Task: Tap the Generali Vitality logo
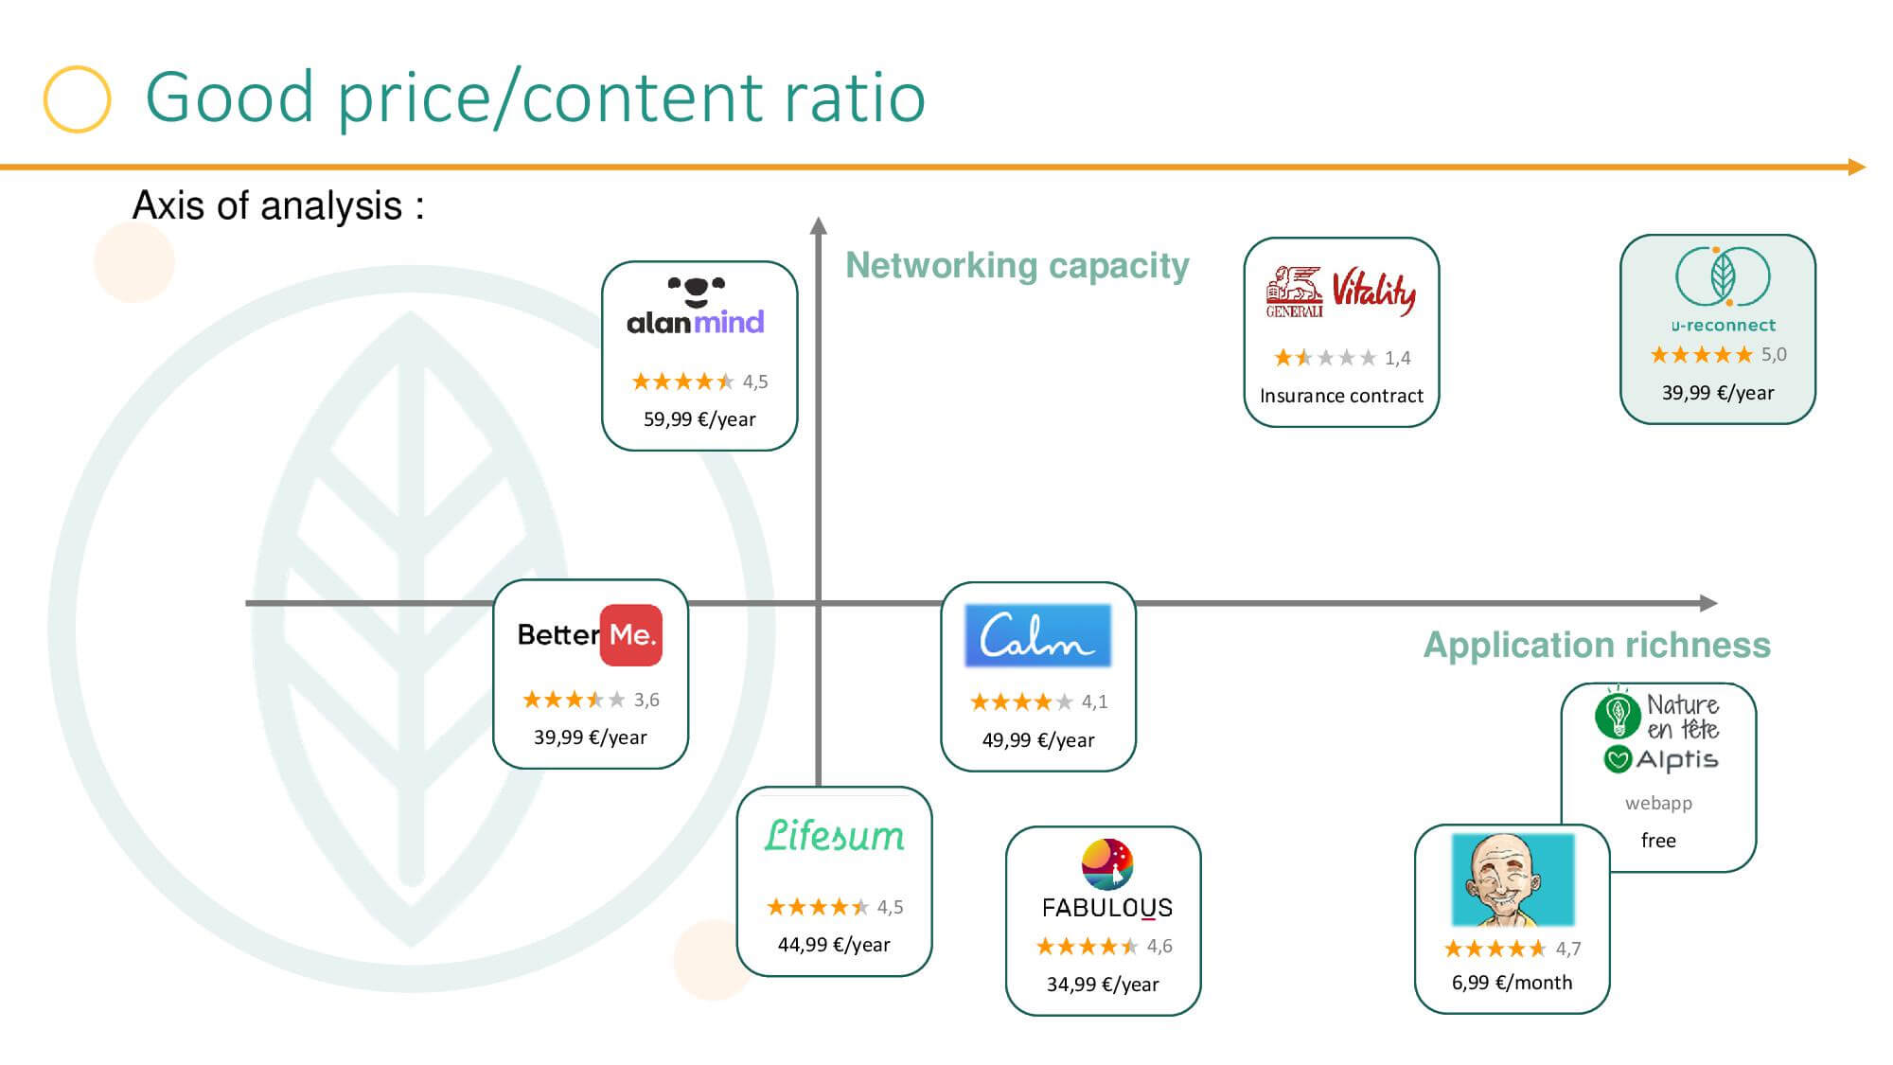[1341, 293]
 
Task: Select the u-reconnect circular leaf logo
[1723, 276]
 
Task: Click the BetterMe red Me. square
[631, 635]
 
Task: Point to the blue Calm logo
[1038, 635]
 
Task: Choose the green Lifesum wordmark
[835, 836]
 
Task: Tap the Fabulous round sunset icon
[1107, 863]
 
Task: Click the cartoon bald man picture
[1513, 879]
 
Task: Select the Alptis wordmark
[1677, 759]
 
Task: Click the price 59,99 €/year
[699, 419]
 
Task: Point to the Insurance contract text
[1341, 396]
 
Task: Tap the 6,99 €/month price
[1512, 983]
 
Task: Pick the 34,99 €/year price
[1103, 985]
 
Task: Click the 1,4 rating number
[1397, 358]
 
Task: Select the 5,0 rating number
[1774, 355]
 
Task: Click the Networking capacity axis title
[1017, 266]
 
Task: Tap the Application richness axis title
[1597, 646]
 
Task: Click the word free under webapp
[1658, 841]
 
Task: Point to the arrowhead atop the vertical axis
[819, 225]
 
